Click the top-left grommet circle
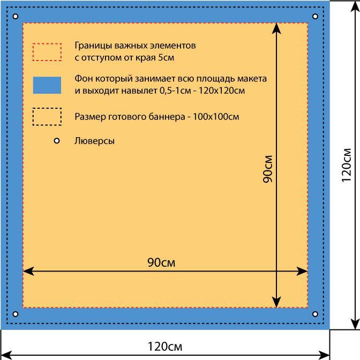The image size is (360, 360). [x=16, y=16]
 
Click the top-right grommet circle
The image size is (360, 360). [x=315, y=16]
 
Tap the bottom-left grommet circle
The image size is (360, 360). [x=16, y=314]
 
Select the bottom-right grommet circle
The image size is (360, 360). [x=315, y=314]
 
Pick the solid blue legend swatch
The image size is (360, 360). [x=47, y=85]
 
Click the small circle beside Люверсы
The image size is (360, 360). [x=57, y=141]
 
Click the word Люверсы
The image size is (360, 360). [x=94, y=141]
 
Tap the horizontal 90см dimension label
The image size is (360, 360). [x=161, y=262]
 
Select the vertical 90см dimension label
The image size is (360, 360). [x=268, y=169]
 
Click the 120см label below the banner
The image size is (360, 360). [x=165, y=347]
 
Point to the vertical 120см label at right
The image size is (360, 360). [x=347, y=166]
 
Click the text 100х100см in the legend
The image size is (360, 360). [x=216, y=117]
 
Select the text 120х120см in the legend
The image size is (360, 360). [x=222, y=91]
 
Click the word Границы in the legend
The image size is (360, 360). [x=93, y=46]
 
